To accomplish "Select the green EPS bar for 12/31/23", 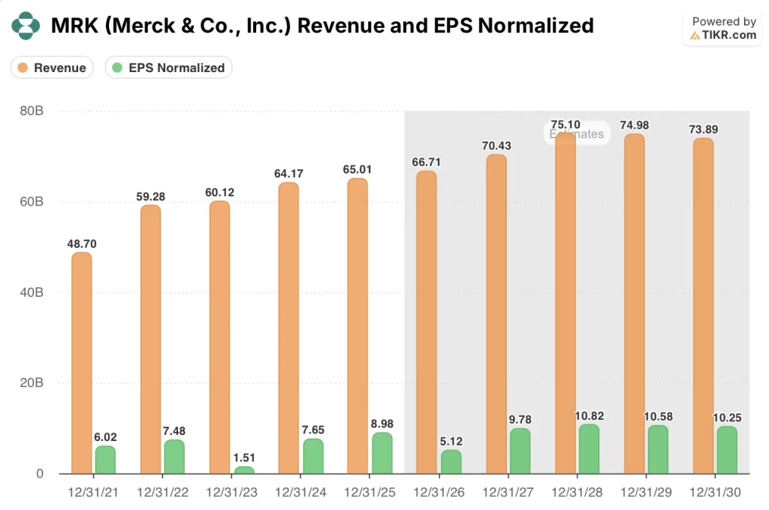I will pos(244,470).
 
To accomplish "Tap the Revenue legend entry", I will pos(52,68).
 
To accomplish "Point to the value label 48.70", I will pos(82,243).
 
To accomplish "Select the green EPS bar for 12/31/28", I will pos(590,449).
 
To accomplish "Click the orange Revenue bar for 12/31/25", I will pos(358,326).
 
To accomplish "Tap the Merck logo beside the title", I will pos(26,26).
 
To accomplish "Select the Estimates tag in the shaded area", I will pos(577,134).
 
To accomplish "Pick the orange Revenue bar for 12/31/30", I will pos(704,306).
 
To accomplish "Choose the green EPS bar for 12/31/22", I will pos(175,457).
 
